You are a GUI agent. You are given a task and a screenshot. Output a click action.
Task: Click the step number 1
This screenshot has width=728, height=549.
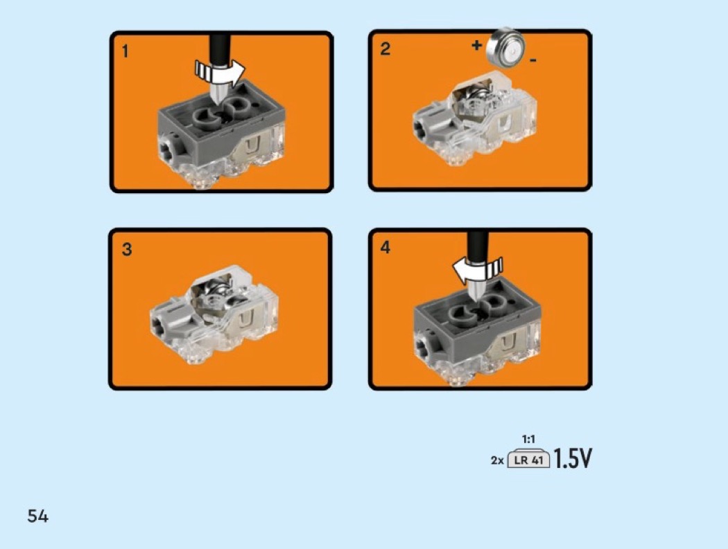pos(124,51)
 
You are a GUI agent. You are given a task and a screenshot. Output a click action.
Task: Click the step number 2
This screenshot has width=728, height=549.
pos(385,48)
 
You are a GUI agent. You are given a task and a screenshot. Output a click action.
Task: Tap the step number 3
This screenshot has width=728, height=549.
pos(127,249)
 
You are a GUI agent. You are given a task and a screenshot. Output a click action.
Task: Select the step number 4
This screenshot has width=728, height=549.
pos(385,247)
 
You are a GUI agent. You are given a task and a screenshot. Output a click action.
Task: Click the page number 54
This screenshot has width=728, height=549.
pos(37,516)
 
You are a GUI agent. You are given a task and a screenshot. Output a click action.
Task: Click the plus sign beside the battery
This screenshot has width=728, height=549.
pos(477,46)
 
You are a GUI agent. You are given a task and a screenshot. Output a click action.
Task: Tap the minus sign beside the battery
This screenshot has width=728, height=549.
pos(533,60)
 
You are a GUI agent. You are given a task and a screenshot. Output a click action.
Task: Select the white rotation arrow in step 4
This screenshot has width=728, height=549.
pos(478,269)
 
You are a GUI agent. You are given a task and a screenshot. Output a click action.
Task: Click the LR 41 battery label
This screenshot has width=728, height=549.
pos(529,460)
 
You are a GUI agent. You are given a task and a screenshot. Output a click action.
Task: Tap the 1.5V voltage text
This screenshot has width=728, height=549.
pos(573,458)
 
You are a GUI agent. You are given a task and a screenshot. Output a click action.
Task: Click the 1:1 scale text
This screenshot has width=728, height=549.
pos(528,439)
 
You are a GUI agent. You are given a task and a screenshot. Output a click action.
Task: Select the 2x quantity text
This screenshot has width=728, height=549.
pos(497,460)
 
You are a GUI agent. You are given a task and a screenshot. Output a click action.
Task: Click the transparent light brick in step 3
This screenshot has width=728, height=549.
pos(214,316)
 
